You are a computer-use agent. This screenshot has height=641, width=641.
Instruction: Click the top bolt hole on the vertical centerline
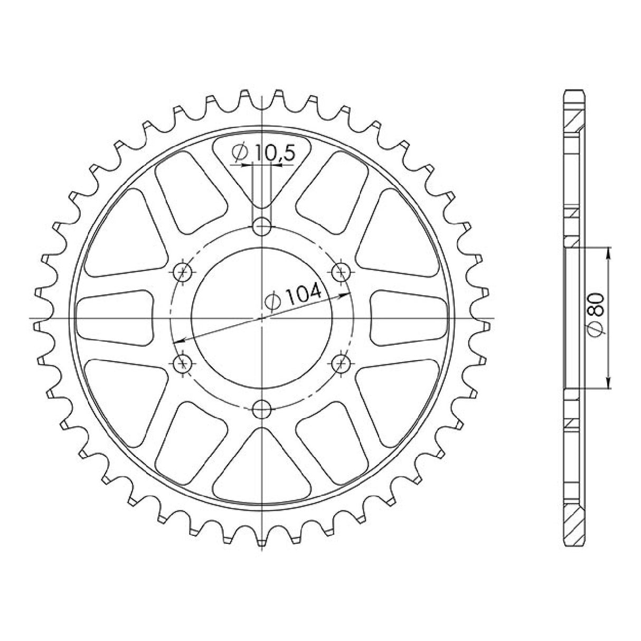[262, 228]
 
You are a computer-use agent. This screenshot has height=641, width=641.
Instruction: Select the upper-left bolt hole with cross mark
[184, 273]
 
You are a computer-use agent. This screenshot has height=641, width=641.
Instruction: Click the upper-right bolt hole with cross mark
[341, 273]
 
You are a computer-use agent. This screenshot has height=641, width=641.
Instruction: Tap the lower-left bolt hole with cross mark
[184, 363]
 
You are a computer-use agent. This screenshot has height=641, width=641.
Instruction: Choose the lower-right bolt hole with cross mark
[341, 363]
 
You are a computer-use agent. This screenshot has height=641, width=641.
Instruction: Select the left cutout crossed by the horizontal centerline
[114, 319]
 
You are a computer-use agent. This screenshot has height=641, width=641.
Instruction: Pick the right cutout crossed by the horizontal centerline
[409, 319]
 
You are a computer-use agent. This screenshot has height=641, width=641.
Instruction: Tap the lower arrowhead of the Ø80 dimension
[609, 385]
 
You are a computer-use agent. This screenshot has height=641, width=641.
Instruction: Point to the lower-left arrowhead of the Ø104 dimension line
[178, 342]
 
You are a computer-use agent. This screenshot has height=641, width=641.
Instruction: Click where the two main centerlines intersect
[262, 318]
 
